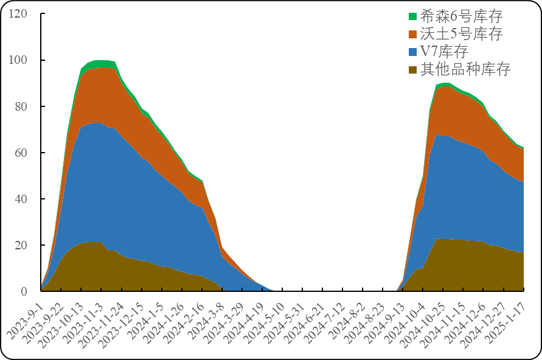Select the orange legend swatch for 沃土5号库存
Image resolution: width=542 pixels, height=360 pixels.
click(413, 34)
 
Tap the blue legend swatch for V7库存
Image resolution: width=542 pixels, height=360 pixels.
click(413, 52)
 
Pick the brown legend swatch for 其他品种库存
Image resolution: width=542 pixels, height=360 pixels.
click(413, 69)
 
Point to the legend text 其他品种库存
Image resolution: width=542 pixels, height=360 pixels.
click(465, 69)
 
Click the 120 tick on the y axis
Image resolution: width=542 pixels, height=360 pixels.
click(18, 13)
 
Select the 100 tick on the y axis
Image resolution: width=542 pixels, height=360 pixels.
click(18, 60)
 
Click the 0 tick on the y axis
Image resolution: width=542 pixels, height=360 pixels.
click(24, 291)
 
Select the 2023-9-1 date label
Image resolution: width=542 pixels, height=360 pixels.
click(24, 319)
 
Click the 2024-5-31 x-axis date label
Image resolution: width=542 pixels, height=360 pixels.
click(284, 319)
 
